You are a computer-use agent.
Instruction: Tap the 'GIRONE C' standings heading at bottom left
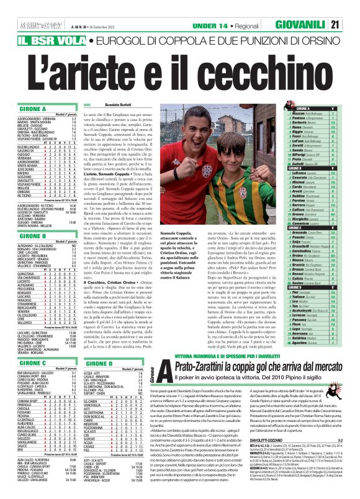tap(24, 363)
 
